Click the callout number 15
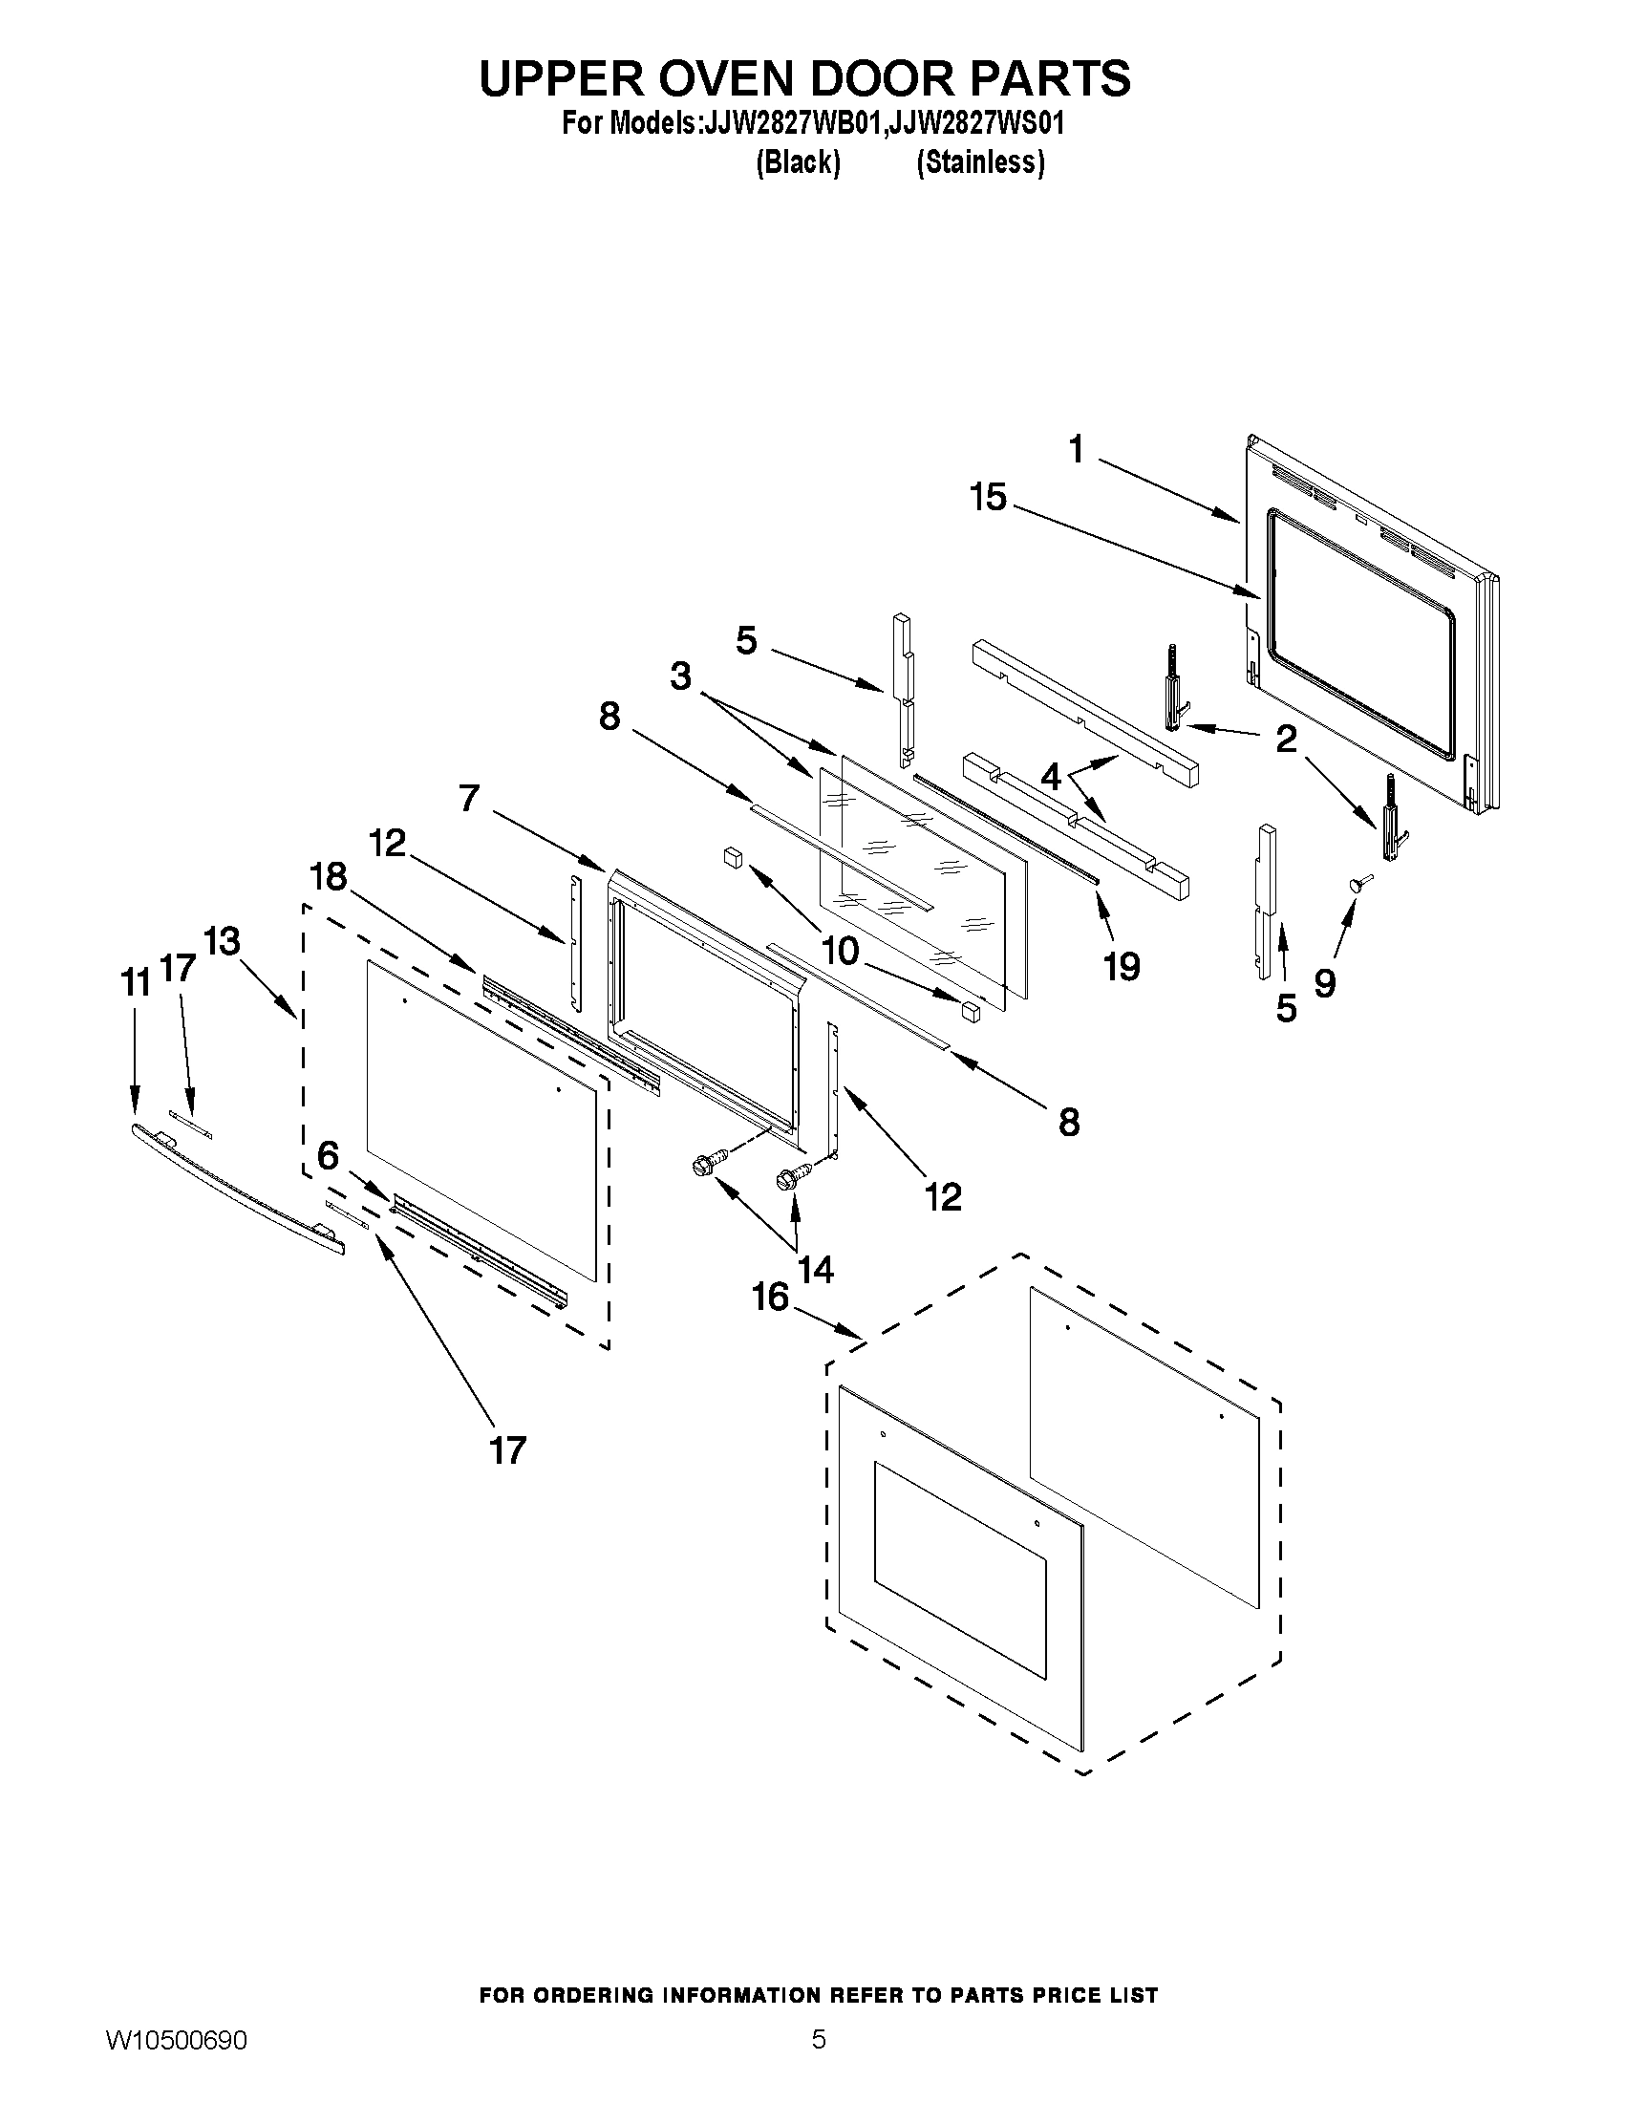(988, 498)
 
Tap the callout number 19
(1122, 966)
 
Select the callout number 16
(770, 1297)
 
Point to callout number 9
(1325, 982)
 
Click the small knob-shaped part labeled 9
(1358, 883)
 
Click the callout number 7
(469, 798)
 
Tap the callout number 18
(329, 876)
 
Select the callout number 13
(223, 941)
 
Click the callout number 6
(329, 1155)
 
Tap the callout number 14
(816, 1269)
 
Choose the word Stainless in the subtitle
(980, 162)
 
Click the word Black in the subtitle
(798, 162)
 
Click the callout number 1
(1077, 449)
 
